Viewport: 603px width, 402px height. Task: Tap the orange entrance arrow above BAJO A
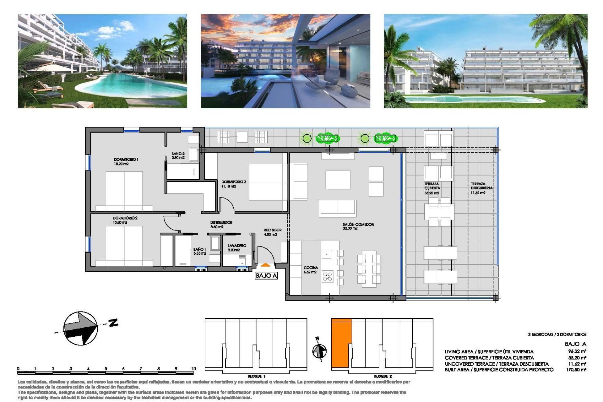point(265,266)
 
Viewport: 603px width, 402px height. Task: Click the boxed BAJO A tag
point(266,276)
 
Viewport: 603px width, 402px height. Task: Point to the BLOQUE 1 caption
point(256,376)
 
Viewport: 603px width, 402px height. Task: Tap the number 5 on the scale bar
point(106,369)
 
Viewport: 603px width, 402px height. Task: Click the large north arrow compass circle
point(80,328)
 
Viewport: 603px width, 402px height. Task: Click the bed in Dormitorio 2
point(124,245)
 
